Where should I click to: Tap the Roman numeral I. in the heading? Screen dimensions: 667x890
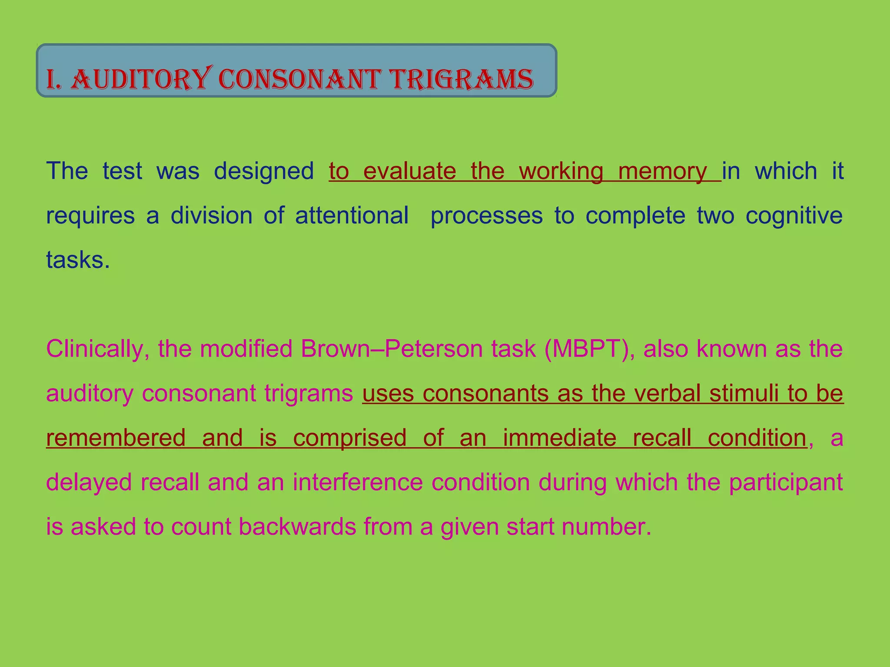click(x=54, y=80)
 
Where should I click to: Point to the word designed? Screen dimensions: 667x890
click(x=264, y=171)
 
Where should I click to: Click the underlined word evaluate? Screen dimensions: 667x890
click(x=409, y=171)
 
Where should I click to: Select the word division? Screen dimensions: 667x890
click(x=211, y=215)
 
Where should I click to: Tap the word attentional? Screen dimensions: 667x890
click(x=352, y=215)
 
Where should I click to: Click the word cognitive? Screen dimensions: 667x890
click(x=794, y=216)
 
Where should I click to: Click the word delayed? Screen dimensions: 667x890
click(x=89, y=483)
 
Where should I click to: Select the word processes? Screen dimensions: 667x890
click(x=486, y=216)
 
